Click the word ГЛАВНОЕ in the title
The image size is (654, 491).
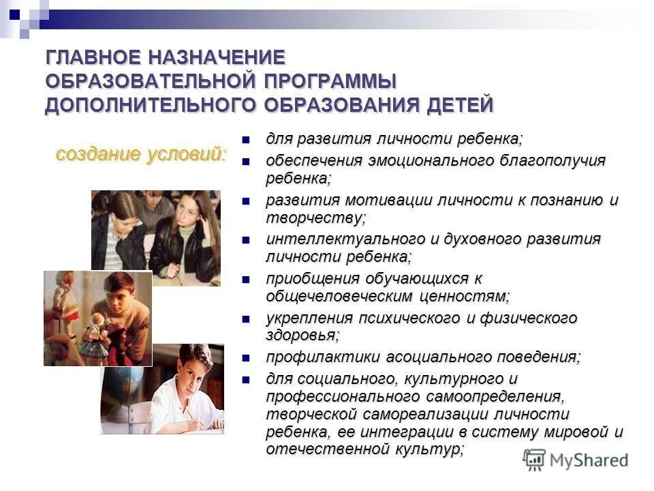(92, 57)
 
